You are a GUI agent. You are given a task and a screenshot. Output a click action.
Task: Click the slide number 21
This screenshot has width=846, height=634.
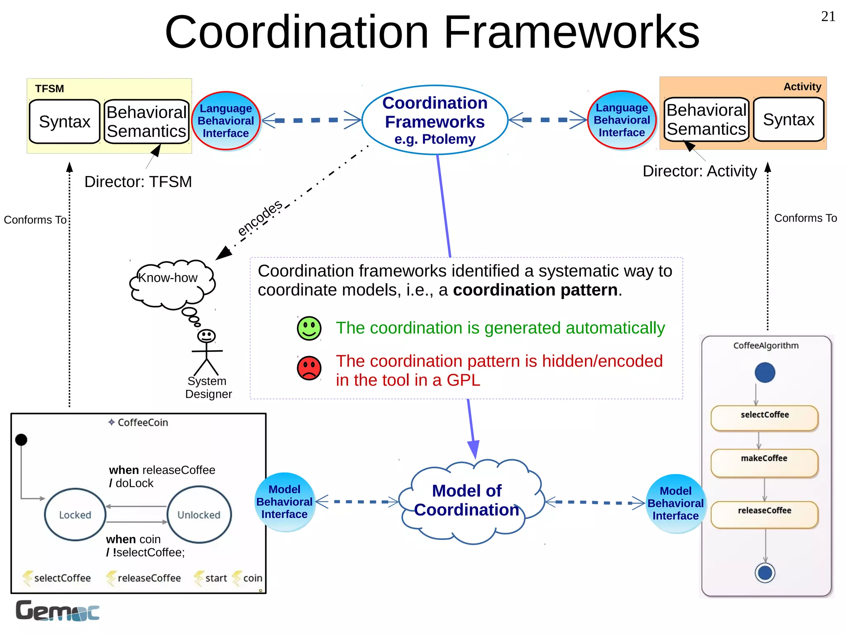[x=828, y=17]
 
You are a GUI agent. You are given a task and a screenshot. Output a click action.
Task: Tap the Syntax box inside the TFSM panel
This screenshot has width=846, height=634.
[x=64, y=121]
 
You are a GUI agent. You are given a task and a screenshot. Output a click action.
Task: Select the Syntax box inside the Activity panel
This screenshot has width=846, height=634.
[x=788, y=119]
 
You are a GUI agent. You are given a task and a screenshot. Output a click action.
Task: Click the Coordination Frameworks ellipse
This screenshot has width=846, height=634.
[x=435, y=120]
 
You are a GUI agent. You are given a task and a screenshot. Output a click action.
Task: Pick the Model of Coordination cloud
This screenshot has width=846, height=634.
[x=469, y=501]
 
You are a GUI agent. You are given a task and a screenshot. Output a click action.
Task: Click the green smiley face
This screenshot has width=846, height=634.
[x=309, y=328]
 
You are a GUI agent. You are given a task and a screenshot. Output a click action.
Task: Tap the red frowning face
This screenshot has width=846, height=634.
[x=309, y=368]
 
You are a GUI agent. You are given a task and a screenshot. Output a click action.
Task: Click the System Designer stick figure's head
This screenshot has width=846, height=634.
[x=206, y=336]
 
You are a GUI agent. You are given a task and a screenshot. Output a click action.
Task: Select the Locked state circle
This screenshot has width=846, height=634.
[x=75, y=515]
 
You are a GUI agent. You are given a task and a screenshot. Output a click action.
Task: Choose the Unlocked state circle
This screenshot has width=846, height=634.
[x=199, y=515]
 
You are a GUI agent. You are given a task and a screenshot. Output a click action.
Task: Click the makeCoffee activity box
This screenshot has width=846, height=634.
[x=764, y=463]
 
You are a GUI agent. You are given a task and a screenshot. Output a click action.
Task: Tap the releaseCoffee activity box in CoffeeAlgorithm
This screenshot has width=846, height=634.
[x=764, y=515]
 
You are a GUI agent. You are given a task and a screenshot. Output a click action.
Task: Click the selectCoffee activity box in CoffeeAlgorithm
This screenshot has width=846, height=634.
[x=764, y=418]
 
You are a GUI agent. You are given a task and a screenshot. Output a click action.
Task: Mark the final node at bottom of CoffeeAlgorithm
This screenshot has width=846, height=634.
[x=765, y=573]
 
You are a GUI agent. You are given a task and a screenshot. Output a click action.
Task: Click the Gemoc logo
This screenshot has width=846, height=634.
[x=57, y=611]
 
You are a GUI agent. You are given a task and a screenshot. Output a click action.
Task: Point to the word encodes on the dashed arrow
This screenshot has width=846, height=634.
[x=260, y=218]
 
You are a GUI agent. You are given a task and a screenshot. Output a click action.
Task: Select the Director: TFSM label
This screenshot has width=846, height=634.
[x=138, y=182]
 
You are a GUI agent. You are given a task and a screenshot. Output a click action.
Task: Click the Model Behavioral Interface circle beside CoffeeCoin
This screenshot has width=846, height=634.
[x=284, y=502]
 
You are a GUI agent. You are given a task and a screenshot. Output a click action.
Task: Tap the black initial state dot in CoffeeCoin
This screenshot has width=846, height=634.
[x=21, y=440]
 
